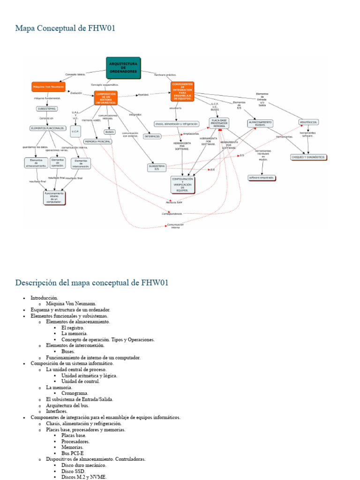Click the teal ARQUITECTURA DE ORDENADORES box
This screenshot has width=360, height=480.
(x=123, y=67)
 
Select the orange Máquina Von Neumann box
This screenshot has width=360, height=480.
(x=48, y=87)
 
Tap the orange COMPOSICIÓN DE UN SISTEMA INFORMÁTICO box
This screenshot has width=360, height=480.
(x=105, y=97)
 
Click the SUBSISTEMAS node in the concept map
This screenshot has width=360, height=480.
(x=47, y=109)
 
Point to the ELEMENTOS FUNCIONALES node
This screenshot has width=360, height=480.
(x=47, y=128)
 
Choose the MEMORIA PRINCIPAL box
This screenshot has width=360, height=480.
(x=97, y=141)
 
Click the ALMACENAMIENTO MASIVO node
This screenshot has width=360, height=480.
(x=260, y=124)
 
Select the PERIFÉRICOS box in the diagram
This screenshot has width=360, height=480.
(x=308, y=122)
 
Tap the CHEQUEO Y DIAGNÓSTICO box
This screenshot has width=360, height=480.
(x=308, y=157)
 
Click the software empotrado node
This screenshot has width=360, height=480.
(x=262, y=178)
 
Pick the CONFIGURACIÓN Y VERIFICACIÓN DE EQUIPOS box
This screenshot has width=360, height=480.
(x=182, y=185)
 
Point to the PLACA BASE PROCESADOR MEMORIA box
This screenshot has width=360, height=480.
(x=219, y=123)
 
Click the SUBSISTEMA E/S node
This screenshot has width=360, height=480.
(x=157, y=167)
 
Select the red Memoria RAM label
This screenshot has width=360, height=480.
(x=174, y=202)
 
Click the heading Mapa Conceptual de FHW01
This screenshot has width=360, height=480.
(x=65, y=29)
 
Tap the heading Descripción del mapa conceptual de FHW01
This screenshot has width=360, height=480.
(x=92, y=283)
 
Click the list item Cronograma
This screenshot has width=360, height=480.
(x=75, y=393)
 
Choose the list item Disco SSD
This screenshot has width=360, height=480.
(x=73, y=471)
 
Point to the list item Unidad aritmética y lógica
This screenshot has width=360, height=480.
(x=89, y=375)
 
